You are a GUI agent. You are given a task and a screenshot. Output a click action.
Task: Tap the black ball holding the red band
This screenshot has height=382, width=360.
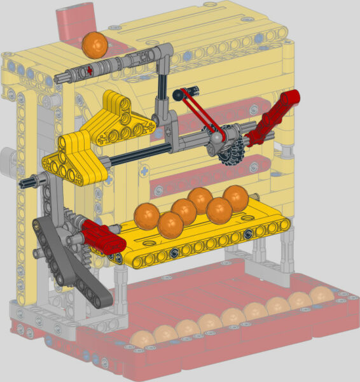tap(178, 95)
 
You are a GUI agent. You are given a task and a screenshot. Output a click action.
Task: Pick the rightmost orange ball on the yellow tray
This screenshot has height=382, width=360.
tap(236, 197)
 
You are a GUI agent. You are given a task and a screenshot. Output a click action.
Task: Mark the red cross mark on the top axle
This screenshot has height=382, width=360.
tap(91, 70)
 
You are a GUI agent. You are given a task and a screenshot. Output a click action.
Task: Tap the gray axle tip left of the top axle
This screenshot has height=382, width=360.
tap(61, 77)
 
